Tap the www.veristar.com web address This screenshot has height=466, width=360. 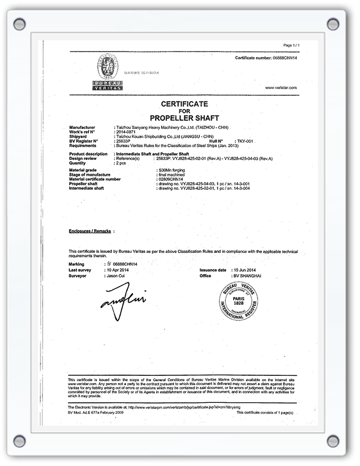point(281,88)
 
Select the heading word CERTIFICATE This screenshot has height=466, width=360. point(184,103)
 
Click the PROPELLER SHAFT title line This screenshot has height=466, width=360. point(184,117)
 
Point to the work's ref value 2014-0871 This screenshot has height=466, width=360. point(124,133)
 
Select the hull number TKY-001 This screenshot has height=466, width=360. point(245,141)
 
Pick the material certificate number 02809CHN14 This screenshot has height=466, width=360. point(171,179)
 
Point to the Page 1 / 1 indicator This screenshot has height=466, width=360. point(291,45)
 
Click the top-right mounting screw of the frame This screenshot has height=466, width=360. point(332,24)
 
